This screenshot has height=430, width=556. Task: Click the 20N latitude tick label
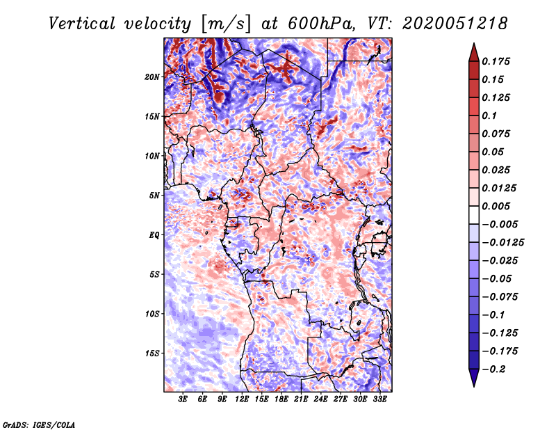coord(153,77)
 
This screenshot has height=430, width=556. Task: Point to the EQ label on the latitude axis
coord(154,234)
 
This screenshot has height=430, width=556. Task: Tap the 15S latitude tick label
coord(153,353)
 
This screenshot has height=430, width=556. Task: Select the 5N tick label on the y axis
coord(155,196)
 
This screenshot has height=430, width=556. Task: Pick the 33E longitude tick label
coord(379,399)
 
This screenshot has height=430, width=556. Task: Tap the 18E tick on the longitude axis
coord(281,399)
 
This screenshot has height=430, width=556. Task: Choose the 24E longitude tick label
coord(320,399)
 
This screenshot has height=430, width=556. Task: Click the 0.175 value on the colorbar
coord(497,61)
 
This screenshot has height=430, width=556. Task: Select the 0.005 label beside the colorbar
coord(497,207)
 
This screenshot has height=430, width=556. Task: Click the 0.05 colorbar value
coord(494,152)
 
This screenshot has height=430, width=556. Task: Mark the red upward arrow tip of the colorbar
coord(473,46)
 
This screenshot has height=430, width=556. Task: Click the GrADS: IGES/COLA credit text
coord(39,424)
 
